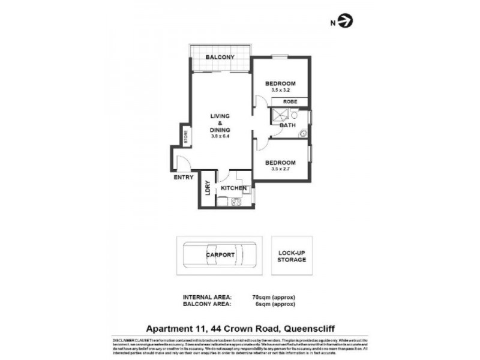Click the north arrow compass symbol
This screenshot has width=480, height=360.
click(346, 22)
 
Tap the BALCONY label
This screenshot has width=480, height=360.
click(220, 57)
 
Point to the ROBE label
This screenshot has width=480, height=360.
click(290, 102)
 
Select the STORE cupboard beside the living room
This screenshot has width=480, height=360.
click(186, 136)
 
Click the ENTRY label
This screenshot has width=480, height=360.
click(183, 178)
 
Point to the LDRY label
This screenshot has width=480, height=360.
click(207, 188)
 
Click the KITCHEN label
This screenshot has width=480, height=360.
click(234, 188)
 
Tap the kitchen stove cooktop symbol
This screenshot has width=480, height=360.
click(236, 202)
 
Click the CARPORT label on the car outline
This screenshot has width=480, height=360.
click(220, 254)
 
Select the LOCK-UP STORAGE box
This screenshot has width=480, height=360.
click(292, 256)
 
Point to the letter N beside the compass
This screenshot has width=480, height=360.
click(332, 23)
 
